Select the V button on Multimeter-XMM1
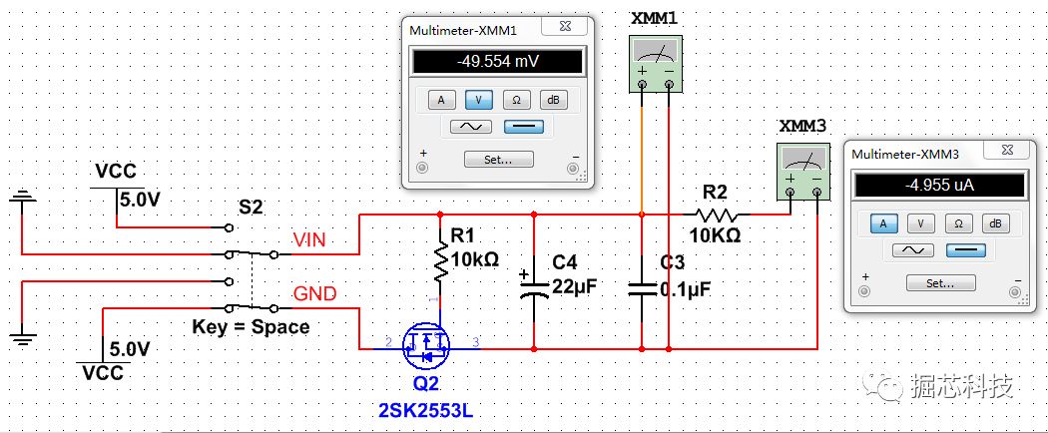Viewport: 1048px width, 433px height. [x=479, y=100]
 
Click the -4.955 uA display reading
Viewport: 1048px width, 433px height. [x=937, y=185]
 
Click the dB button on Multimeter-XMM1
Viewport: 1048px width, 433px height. [x=553, y=100]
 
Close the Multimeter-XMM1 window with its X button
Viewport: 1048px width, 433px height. [x=566, y=29]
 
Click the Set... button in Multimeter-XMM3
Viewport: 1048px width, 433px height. [x=941, y=283]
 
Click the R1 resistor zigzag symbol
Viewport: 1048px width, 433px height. [x=440, y=262]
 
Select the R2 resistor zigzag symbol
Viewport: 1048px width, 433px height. [x=718, y=215]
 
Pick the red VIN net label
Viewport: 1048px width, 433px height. [x=316, y=239]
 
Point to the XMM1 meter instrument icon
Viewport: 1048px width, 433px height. [x=656, y=64]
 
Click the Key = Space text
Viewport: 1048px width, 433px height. [x=251, y=327]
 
